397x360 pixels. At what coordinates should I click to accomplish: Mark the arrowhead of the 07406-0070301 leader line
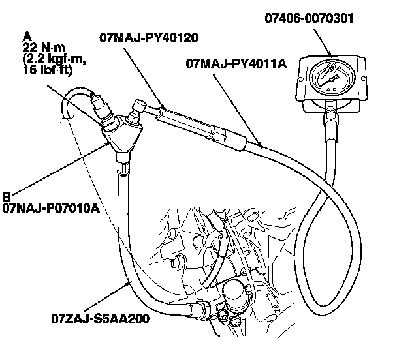[x=332, y=55]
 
